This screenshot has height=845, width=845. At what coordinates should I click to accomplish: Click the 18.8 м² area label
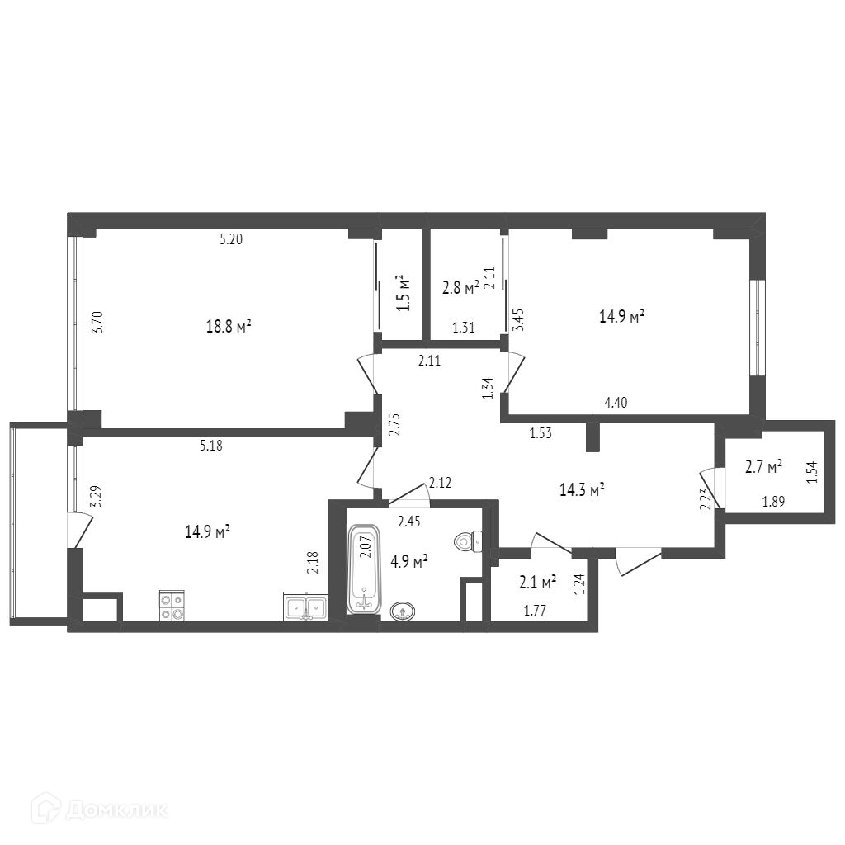229,326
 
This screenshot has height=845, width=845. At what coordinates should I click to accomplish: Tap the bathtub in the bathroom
365,569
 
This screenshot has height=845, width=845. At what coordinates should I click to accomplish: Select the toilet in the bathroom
469,541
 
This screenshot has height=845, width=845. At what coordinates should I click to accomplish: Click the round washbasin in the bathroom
401,611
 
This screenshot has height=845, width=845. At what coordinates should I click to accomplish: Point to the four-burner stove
172,606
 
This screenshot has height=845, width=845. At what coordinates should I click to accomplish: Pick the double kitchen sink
305,607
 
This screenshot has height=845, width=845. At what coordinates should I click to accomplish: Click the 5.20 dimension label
231,239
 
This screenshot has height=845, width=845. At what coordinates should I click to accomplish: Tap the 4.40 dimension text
616,402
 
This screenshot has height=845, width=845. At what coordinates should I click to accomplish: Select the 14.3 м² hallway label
582,490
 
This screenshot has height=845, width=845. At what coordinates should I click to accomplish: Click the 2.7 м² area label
764,467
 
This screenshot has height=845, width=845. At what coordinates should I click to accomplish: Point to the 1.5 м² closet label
403,293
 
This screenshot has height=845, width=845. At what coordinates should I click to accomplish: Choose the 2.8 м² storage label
461,288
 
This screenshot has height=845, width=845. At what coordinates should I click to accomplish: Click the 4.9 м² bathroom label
409,562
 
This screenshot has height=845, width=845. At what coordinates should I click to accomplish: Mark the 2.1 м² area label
538,582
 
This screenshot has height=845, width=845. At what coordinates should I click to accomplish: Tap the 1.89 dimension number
773,502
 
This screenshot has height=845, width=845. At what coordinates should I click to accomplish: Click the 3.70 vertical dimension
97,323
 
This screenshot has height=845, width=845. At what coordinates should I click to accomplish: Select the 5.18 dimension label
210,446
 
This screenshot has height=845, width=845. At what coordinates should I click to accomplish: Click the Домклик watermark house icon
45,809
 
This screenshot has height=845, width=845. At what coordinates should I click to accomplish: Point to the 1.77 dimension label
535,611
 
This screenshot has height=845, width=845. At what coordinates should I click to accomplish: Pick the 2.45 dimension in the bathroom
409,522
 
